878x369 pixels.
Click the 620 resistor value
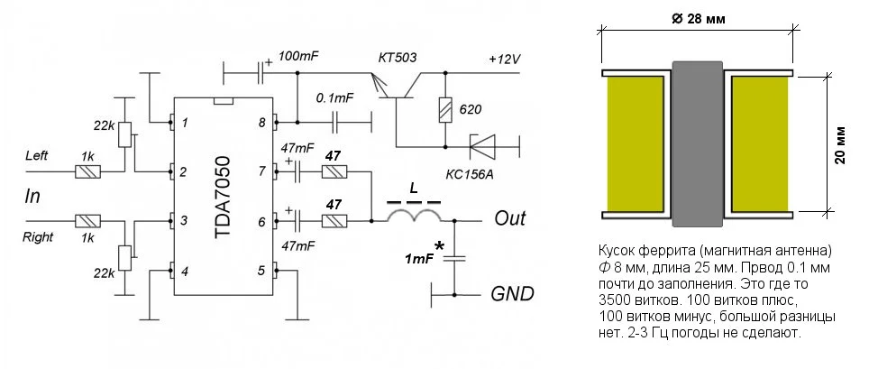pos(471,110)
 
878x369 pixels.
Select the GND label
pos(512,294)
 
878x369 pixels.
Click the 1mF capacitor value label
pos(418,259)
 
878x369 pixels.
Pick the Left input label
pos(38,156)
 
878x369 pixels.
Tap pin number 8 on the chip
pos(262,122)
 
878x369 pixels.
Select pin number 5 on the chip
pos(262,270)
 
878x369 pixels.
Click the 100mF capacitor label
pos(300,56)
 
